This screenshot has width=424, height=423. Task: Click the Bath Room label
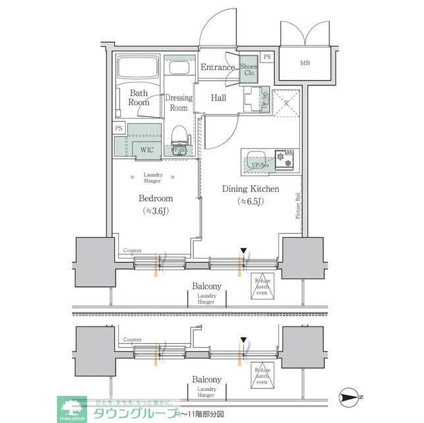(139, 98)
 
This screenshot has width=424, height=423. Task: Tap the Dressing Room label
(179, 102)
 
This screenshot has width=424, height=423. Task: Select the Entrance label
(218, 67)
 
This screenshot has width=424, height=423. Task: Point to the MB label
(305, 63)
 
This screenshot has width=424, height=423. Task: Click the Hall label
(218, 98)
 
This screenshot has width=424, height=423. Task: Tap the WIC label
(146, 149)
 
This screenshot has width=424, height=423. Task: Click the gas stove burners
(287, 158)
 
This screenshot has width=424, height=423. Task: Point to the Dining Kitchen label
(250, 189)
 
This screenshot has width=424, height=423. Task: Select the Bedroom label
(155, 198)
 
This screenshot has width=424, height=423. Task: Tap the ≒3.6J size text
(155, 211)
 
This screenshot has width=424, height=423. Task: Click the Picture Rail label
(298, 206)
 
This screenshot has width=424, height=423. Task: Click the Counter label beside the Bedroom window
(133, 251)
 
